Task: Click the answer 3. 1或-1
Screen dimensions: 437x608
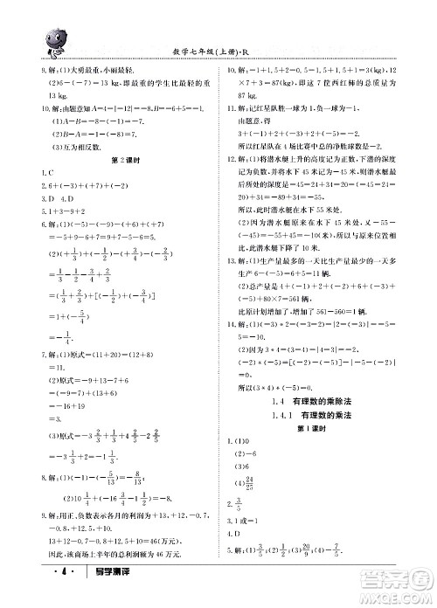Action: click(248, 522)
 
